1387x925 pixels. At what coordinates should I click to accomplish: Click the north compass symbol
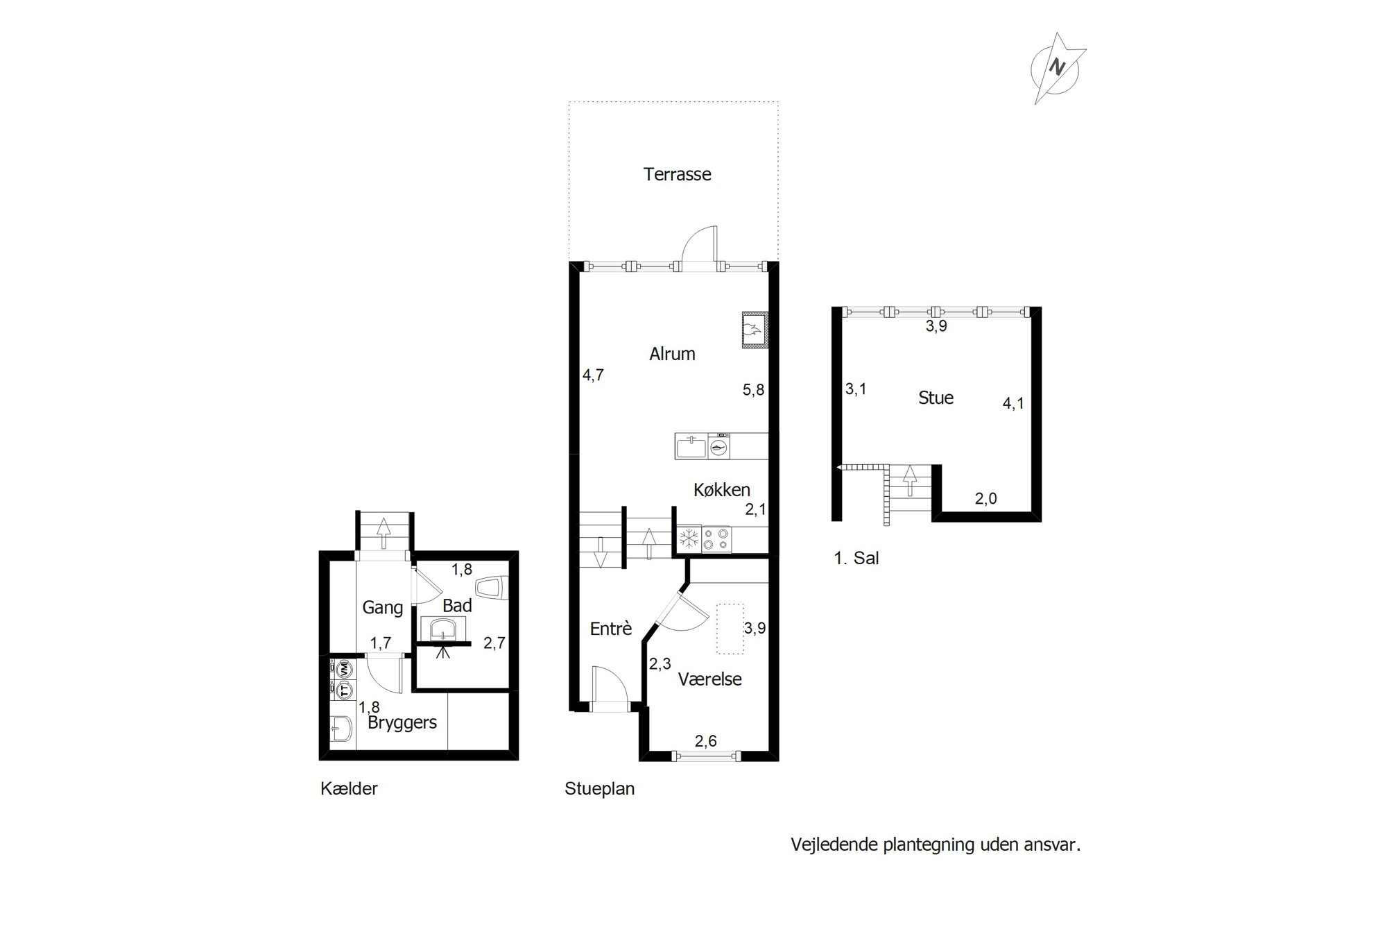coord(1058,68)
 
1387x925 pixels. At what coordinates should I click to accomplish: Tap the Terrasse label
coord(677,174)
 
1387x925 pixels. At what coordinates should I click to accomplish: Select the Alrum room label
coord(672,354)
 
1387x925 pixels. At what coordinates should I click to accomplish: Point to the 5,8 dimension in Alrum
coord(753,390)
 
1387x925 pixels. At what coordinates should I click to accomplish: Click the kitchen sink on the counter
coord(691,447)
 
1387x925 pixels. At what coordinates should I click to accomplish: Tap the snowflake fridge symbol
coord(689,540)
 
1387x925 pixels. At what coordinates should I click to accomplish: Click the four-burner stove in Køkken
coord(716,540)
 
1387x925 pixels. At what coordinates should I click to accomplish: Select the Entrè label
coord(611,629)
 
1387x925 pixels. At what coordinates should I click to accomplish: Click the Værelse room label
coord(710,679)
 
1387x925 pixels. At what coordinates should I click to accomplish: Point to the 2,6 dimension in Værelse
coord(705,741)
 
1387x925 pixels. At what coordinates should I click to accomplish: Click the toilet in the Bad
coord(495,588)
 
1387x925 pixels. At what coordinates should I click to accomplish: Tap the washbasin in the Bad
coord(442,630)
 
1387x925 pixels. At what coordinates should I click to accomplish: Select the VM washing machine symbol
coord(343,670)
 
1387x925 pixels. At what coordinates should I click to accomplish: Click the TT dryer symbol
coord(343,689)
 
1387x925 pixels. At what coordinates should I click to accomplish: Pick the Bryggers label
coord(402,723)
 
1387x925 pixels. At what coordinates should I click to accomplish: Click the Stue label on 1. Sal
coord(936,398)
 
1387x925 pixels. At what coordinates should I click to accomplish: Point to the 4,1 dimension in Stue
coord(1013,403)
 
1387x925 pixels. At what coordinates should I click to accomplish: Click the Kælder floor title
coord(349,789)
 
